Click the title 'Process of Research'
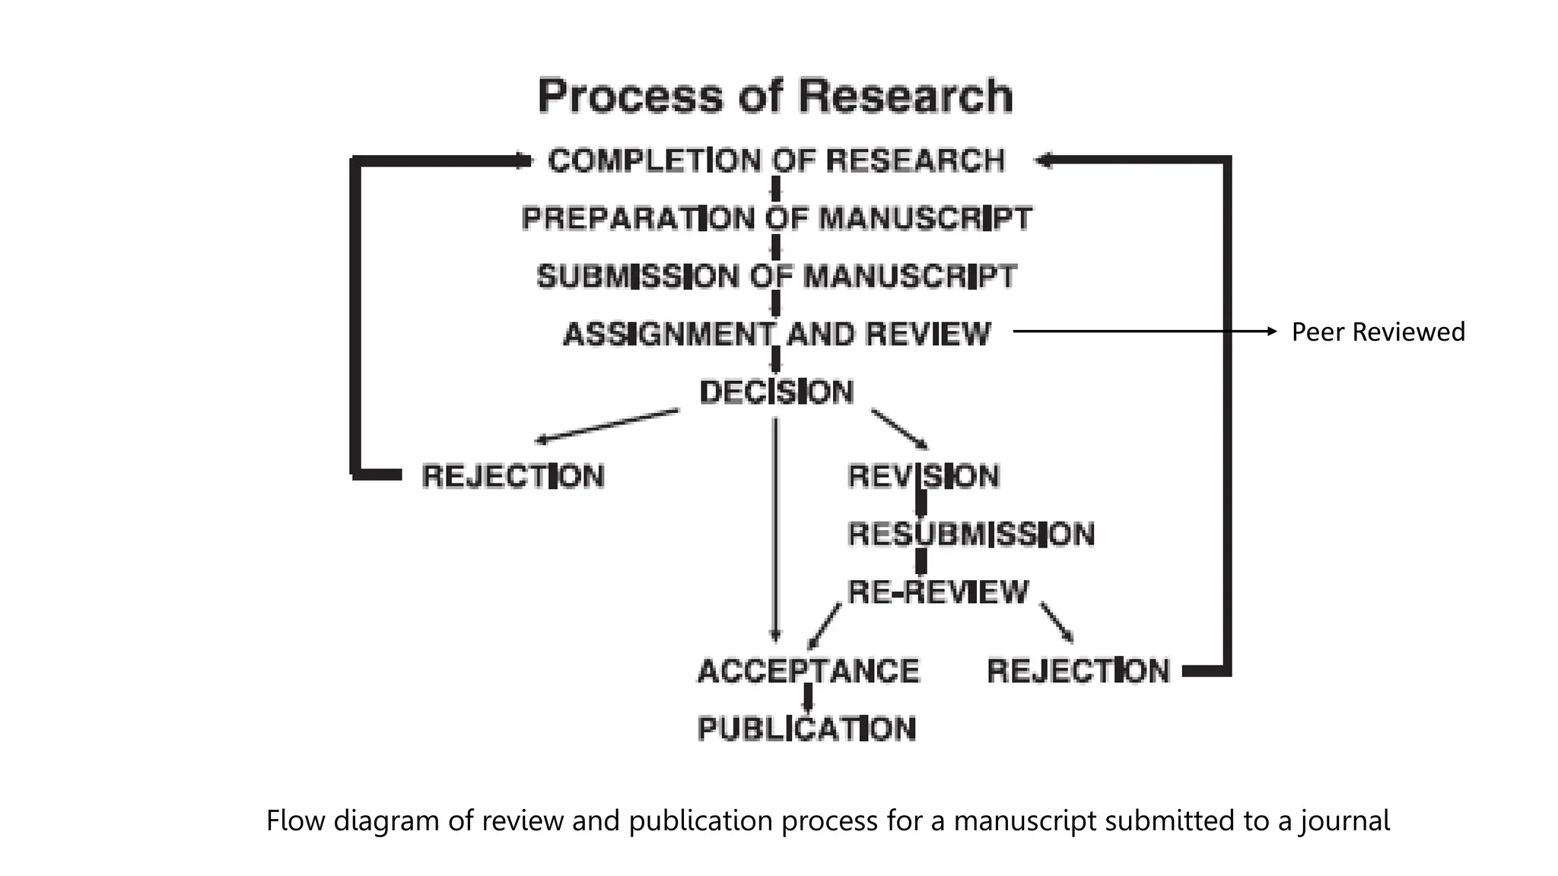coord(774,96)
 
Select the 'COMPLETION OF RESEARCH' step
coord(776,160)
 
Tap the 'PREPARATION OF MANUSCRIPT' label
coord(776,218)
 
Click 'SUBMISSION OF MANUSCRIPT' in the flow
coord(776,276)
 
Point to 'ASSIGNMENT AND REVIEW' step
coord(776,334)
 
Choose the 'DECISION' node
coord(776,392)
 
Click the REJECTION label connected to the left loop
coord(513,476)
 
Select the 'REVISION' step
coord(923,476)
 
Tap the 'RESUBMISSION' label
coord(971,534)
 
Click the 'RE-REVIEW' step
coord(937,592)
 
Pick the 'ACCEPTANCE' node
coord(808,671)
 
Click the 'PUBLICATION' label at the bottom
coord(806,729)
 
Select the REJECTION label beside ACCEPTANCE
coord(1077,671)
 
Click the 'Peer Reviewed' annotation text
coord(1378,332)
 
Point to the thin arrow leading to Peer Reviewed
coord(1141,332)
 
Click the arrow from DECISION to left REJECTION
coord(607,425)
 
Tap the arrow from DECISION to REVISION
coord(899,429)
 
